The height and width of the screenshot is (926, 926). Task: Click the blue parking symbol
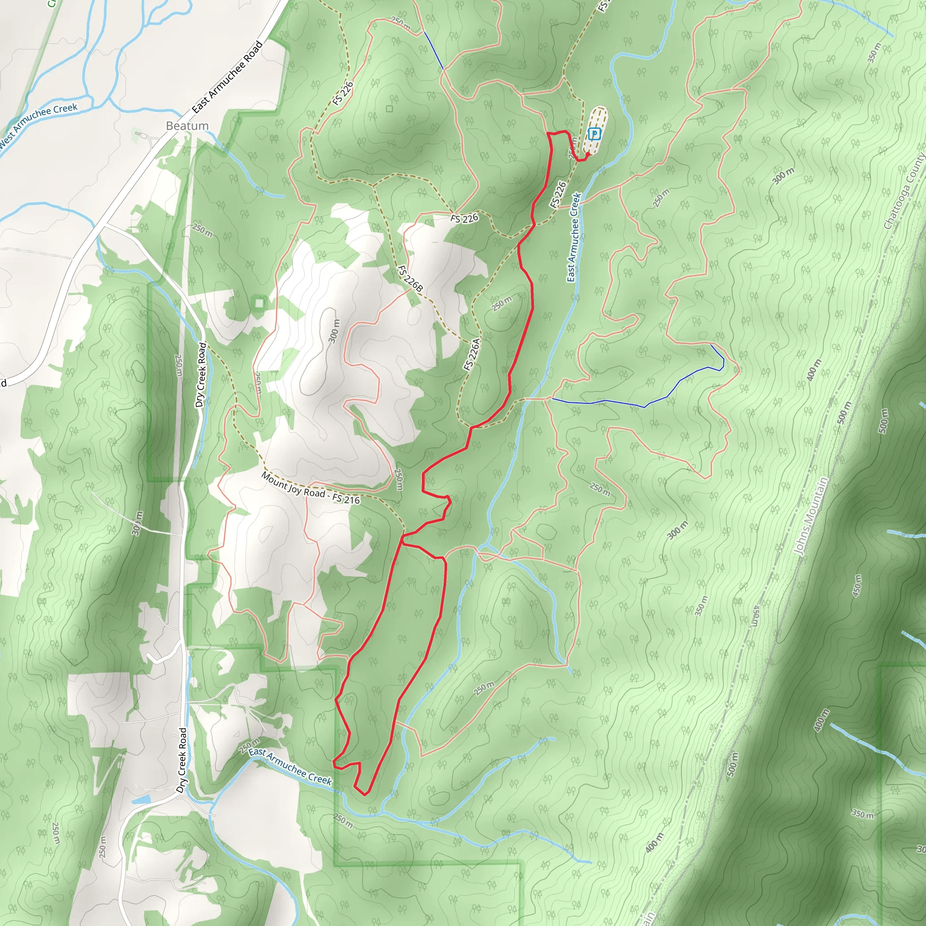(594, 134)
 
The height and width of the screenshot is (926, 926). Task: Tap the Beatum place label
(187, 126)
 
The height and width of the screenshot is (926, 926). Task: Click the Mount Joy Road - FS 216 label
(310, 488)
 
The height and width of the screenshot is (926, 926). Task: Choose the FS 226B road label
(410, 279)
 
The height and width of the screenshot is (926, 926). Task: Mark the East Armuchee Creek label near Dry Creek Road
(290, 766)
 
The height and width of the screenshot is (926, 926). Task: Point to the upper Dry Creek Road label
(201, 374)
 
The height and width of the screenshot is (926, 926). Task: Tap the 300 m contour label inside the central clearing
(334, 331)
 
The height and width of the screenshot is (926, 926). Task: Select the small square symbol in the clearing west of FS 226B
(259, 303)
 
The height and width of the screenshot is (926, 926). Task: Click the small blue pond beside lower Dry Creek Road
(142, 799)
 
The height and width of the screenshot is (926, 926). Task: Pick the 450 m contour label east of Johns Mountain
(857, 585)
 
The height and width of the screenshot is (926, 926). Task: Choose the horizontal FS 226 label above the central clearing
(464, 218)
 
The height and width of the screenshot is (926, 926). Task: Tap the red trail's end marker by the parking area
(587, 155)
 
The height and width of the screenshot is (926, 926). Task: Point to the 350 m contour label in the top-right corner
(874, 53)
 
